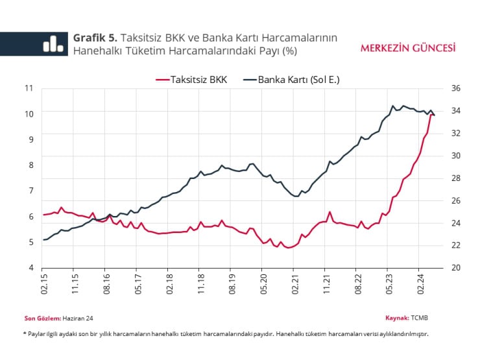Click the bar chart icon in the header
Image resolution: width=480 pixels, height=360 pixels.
53,43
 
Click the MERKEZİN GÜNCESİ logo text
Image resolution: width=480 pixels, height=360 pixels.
407,48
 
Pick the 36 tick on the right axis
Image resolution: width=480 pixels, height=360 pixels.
455,88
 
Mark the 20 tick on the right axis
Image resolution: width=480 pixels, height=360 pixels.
455,267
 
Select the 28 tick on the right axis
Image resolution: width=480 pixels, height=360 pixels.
455,178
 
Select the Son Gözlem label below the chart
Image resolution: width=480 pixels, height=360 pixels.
42,318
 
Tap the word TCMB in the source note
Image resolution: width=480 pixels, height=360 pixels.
420,318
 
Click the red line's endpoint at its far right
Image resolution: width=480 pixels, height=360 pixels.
433,115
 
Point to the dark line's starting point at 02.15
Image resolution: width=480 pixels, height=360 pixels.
43,240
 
